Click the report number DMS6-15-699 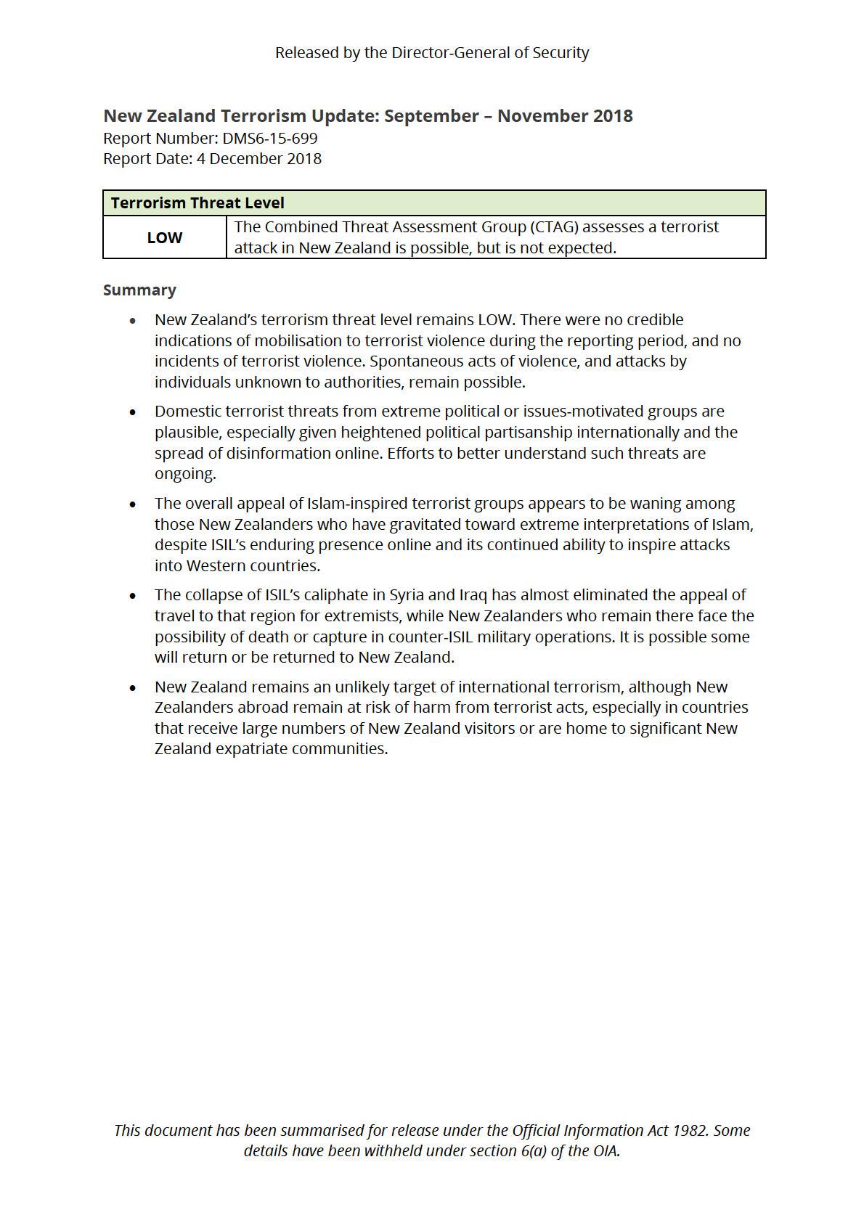[x=270, y=139]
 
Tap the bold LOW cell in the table [x=165, y=238]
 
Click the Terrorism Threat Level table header [x=197, y=203]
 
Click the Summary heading [x=139, y=290]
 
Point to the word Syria [x=406, y=595]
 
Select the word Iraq [x=473, y=595]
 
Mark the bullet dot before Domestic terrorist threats [x=133, y=412]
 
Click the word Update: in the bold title [x=345, y=116]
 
